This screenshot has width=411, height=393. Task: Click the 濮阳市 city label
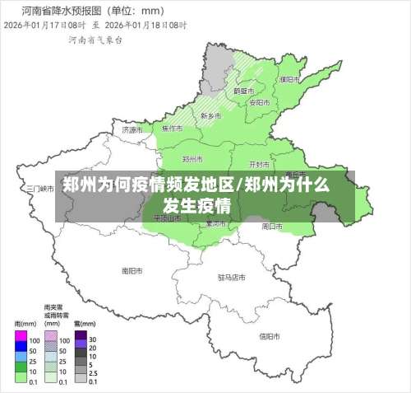[x=288, y=80]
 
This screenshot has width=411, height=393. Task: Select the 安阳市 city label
[x=259, y=102]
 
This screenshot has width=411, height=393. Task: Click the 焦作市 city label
[x=172, y=129]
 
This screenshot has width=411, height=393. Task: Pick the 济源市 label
[x=132, y=130]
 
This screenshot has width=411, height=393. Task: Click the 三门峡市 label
[x=39, y=188]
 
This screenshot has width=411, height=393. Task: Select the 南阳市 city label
[x=132, y=270]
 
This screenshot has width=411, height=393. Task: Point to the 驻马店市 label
[x=232, y=277]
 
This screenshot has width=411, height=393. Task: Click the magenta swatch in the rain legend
[x=21, y=339]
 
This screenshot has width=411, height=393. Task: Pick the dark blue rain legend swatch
[x=21, y=349]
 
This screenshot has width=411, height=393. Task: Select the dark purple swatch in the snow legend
[x=80, y=339]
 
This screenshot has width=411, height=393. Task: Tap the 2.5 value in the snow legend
[x=93, y=372]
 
